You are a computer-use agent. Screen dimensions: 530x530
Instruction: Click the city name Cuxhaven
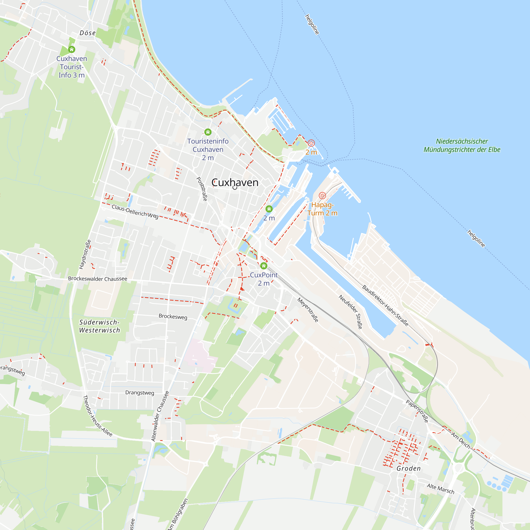pos(235,183)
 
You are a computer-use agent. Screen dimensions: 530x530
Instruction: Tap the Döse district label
pos(87,33)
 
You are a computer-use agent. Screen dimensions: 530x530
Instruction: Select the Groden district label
pos(408,468)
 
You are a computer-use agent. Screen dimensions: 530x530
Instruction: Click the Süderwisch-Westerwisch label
pos(100,326)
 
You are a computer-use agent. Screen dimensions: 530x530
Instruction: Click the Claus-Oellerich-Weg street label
pos(135,212)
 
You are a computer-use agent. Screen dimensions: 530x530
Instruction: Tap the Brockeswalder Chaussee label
pos(98,279)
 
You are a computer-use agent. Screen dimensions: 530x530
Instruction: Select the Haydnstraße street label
pos(85,254)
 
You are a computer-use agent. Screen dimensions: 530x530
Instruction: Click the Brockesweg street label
pos(173,316)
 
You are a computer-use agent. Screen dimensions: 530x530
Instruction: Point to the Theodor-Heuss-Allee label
pos(98,416)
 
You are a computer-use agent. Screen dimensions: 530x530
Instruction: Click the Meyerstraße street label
pos(308,310)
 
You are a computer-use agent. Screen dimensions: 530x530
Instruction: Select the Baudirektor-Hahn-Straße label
pos(385,306)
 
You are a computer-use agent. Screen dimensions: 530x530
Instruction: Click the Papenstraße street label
pos(417,411)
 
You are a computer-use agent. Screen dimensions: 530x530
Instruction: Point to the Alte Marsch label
pos(441,489)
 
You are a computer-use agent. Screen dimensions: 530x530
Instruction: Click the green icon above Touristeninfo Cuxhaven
pos(208,132)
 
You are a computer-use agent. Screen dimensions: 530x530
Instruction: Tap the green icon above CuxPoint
pos(264,266)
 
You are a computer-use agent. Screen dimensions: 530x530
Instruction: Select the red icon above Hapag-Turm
pos(322,196)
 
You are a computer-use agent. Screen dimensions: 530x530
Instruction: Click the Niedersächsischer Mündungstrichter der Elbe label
pos(462,145)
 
